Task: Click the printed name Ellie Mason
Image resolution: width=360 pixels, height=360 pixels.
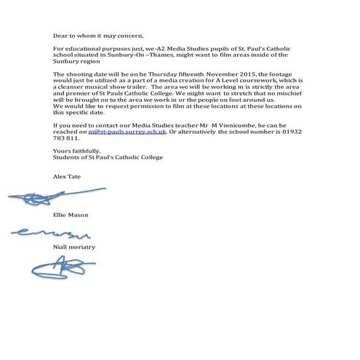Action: [x=69, y=215]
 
